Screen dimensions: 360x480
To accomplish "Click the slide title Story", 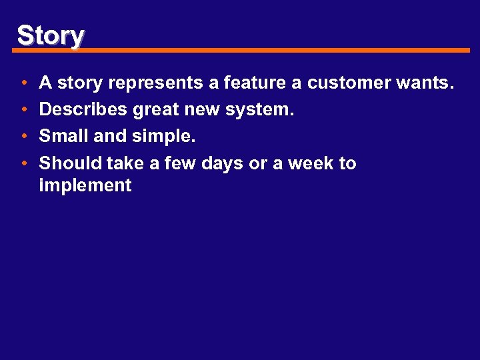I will (51, 35).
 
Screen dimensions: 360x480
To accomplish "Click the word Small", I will (64, 137).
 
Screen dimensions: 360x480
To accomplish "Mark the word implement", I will (85, 186).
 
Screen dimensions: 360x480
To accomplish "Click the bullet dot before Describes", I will (23, 110).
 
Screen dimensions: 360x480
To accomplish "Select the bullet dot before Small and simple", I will (23, 137).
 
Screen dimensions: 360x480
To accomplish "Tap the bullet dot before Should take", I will (23, 163).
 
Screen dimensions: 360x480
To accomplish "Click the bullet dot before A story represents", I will (23, 83).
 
